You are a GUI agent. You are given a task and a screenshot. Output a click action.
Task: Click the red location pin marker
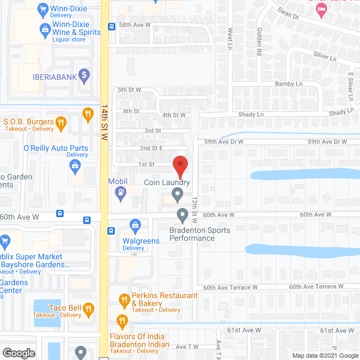pos(180,166)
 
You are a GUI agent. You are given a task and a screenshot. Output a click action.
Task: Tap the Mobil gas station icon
pos(120,192)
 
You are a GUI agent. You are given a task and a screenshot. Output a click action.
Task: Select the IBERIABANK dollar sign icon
pos(84,74)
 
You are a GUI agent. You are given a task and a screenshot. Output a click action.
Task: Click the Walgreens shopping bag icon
pos(135,226)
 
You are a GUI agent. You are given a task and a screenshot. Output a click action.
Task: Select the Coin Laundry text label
pos(167,183)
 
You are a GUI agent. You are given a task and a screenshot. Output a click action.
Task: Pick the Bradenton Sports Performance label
pos(192,234)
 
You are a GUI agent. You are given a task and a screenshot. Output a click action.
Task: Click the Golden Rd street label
pos(259,43)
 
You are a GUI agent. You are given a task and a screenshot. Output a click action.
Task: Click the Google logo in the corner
pos(18,353)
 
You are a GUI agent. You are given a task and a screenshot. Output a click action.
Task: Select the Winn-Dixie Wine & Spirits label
pos(76,33)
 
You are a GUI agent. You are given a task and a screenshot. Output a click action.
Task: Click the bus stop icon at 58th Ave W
pos(112,26)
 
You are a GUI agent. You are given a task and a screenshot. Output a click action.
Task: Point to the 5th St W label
pos(129,89)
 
